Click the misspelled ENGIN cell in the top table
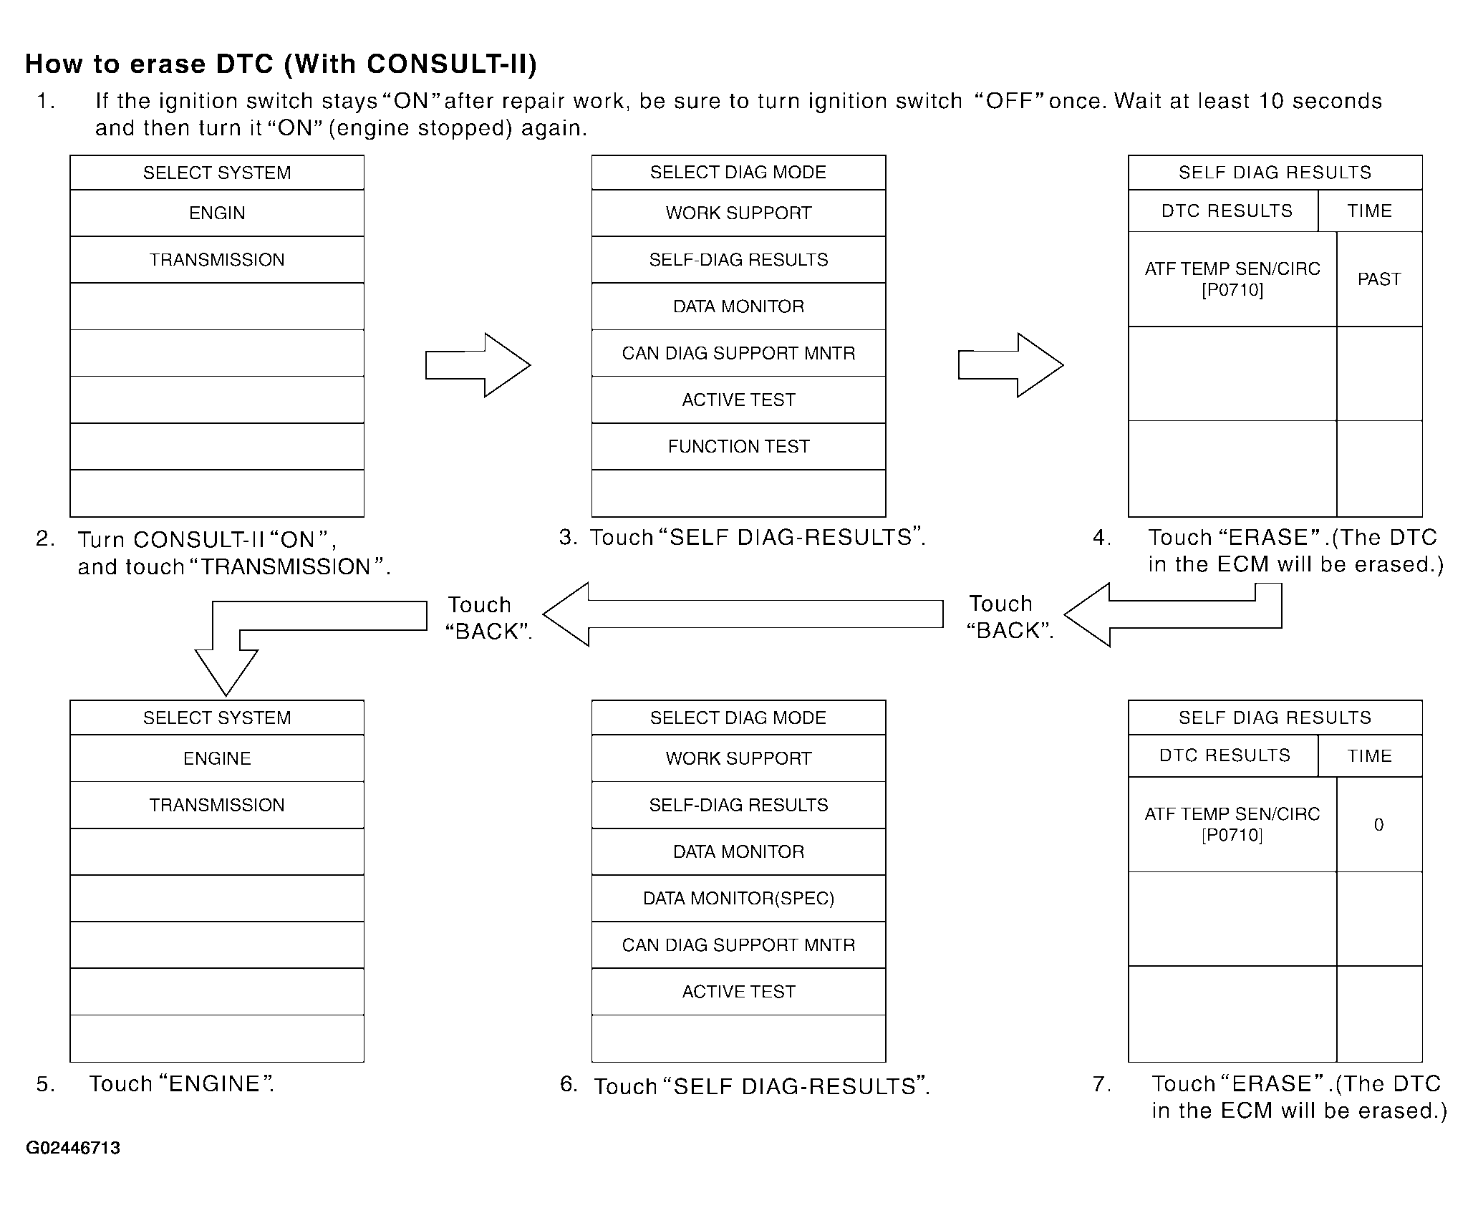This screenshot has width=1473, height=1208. coord(217,213)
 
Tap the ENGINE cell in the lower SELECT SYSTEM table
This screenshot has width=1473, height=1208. coord(217,758)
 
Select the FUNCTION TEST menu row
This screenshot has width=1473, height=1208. coord(738,447)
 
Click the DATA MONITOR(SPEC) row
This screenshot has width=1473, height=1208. coord(738,898)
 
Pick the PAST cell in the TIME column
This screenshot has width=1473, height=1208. coord(1379,279)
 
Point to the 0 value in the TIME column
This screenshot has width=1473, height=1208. coord(1379,825)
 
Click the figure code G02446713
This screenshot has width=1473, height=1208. coord(73,1148)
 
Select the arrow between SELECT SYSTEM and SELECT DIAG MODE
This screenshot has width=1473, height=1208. coord(478,364)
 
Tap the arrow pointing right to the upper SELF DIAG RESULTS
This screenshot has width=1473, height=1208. coord(1010,364)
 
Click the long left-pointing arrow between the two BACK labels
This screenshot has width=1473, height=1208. coord(743,614)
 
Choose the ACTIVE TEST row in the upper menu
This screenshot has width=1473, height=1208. coord(738,400)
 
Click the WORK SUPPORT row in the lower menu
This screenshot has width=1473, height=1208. coord(738,758)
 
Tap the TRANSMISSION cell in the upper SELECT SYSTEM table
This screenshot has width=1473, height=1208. coord(217,260)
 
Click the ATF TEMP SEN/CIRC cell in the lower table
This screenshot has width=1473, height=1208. coord(1232,824)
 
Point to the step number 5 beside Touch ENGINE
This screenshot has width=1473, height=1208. coord(45,1084)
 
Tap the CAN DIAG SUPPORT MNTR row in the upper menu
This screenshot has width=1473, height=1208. coord(738,353)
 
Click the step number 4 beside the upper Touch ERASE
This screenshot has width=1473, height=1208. coord(1101,538)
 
